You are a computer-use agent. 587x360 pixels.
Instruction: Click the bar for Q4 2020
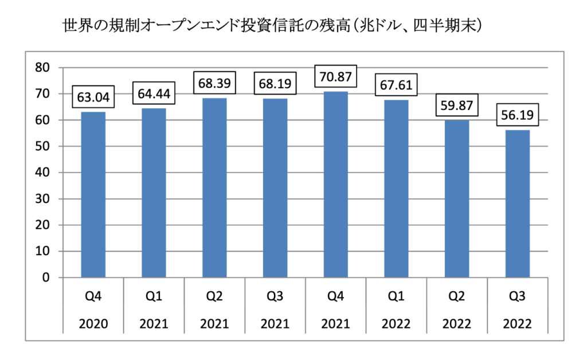[x=93, y=195]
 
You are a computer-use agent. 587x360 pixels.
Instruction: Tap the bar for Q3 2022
[x=518, y=204]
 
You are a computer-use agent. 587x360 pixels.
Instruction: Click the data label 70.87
[x=336, y=76]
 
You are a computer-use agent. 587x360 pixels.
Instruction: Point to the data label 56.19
[x=518, y=115]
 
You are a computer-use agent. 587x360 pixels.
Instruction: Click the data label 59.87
[x=457, y=105]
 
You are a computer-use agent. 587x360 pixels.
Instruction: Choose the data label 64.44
[x=154, y=92]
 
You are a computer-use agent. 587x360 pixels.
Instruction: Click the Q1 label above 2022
[x=396, y=296]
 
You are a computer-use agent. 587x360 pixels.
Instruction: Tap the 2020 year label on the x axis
[x=93, y=324]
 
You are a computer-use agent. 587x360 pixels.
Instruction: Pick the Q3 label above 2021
[x=275, y=296]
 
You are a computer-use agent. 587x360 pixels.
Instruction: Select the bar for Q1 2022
[x=396, y=189]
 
